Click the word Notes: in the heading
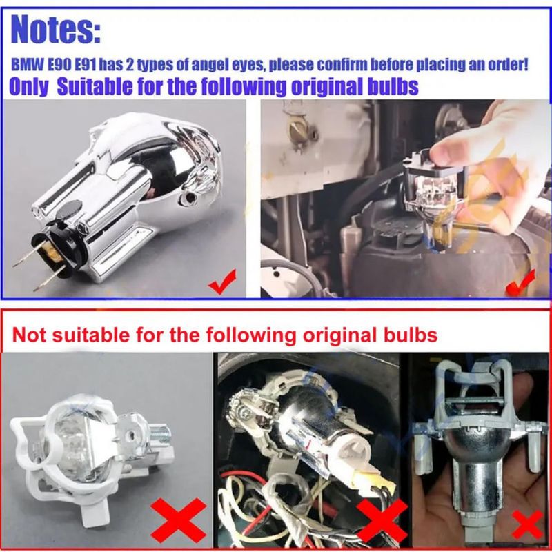tap(56, 29)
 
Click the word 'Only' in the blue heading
tap(28, 87)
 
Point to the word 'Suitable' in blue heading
tap(95, 86)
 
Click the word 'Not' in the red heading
tap(29, 335)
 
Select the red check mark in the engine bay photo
tap(521, 283)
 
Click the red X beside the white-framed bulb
tap(178, 520)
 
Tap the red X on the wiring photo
tap(382, 521)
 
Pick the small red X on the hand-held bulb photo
tap(528, 524)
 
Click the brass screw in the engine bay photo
tap(298, 130)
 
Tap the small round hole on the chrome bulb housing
tap(190, 198)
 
